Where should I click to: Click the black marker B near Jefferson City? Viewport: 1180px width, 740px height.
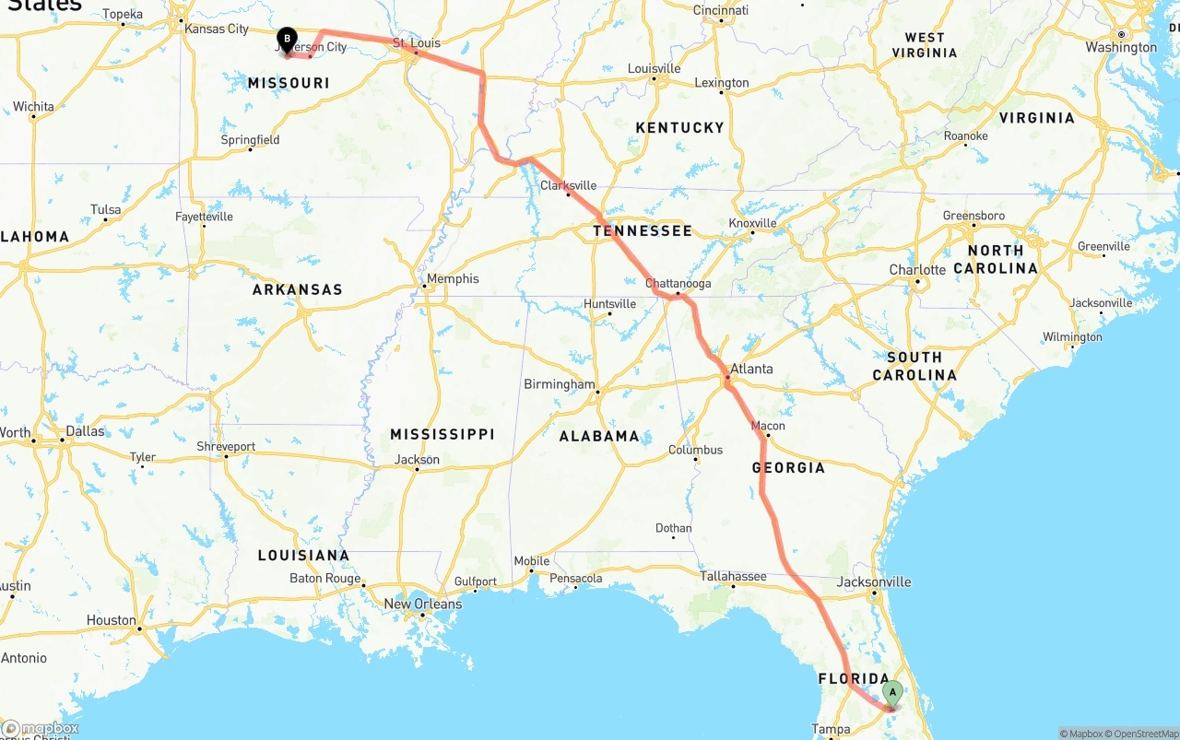(287, 40)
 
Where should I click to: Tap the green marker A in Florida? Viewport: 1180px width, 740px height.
(891, 692)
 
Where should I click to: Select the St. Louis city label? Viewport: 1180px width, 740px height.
(417, 43)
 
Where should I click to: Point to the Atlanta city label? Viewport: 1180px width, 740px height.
(751, 369)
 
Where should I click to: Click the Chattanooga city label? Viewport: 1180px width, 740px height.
(678, 284)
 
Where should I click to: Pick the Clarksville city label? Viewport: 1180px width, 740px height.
(568, 185)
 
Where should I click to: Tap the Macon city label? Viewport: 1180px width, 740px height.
(768, 426)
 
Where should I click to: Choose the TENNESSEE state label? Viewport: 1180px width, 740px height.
(642, 230)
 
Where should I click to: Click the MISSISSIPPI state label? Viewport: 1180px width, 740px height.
(442, 434)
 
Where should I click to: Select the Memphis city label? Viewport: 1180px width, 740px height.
(453, 278)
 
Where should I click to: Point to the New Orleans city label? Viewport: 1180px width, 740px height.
(422, 605)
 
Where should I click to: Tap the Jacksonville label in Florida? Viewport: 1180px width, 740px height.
(874, 581)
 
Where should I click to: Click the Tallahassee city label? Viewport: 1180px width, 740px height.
(733, 576)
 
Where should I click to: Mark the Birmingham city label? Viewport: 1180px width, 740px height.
(560, 383)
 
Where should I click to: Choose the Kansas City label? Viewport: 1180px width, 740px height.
(217, 29)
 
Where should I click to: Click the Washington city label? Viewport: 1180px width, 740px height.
(1121, 47)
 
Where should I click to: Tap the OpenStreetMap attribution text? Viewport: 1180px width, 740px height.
(1139, 734)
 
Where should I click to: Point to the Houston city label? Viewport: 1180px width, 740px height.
(112, 620)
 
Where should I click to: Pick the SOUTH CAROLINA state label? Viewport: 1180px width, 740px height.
(914, 366)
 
